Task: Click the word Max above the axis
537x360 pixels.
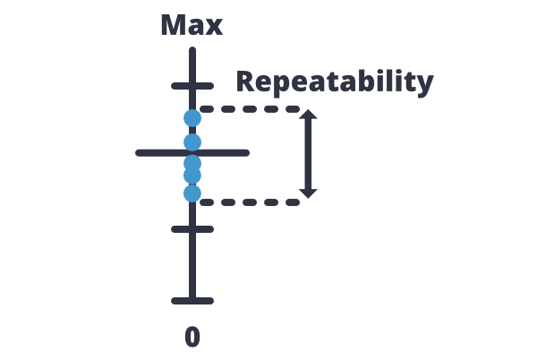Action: [x=192, y=24]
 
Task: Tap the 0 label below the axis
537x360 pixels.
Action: [x=192, y=337]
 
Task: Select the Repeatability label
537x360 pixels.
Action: [x=335, y=82]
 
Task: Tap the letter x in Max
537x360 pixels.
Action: [x=214, y=26]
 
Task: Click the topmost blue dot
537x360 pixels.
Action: [x=192, y=117]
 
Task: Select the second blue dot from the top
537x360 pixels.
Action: [x=192, y=141]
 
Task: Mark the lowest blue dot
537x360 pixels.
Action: [x=192, y=193]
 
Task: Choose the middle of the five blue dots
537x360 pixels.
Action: [x=192, y=163]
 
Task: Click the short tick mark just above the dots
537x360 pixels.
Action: [x=192, y=86]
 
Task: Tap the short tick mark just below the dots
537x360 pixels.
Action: [x=192, y=228]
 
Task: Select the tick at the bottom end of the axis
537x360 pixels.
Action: [x=192, y=300]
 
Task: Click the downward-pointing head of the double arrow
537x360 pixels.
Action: [x=308, y=193]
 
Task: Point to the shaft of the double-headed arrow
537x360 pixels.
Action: [x=308, y=154]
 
